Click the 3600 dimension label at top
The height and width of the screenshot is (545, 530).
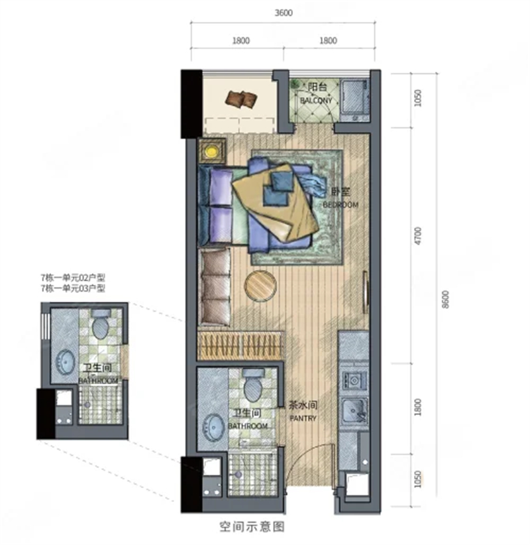[x=284, y=13]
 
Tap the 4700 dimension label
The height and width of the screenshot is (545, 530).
[x=418, y=235]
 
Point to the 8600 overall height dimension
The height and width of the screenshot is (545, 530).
[x=446, y=299]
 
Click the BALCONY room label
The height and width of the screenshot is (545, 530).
[x=316, y=101]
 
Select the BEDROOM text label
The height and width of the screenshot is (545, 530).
[x=341, y=205]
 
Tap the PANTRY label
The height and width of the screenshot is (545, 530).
[x=303, y=418]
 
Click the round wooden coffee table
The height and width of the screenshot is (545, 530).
[x=260, y=286]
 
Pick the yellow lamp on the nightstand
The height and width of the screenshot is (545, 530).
[x=211, y=152]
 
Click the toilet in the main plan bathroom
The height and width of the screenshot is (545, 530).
[x=254, y=385]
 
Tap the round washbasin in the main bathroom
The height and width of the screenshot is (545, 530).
[x=213, y=428]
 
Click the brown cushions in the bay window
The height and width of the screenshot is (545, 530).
[x=241, y=99]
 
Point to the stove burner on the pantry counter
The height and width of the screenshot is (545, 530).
[x=354, y=381]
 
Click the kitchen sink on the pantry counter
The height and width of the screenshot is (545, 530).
[x=354, y=411]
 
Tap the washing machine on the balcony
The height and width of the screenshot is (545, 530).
[x=354, y=97]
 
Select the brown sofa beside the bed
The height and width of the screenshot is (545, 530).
[x=214, y=286]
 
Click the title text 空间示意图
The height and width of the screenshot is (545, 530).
[x=252, y=526]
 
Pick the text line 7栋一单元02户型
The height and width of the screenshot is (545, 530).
[x=73, y=278]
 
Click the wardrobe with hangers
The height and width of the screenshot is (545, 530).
[x=240, y=345]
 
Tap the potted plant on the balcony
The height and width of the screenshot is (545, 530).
[x=295, y=84]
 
